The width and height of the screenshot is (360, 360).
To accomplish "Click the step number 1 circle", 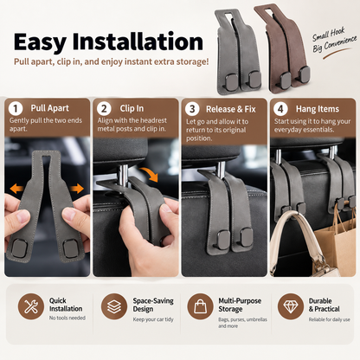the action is (x=16, y=109).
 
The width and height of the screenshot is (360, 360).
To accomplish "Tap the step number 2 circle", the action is (x=104, y=109).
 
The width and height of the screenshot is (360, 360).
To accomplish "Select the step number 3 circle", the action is (x=192, y=109).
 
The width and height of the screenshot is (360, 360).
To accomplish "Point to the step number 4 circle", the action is (x=280, y=109).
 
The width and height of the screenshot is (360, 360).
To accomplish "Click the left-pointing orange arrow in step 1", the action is (x=16, y=189).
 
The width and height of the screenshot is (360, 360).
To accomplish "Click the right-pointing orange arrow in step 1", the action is (x=76, y=189).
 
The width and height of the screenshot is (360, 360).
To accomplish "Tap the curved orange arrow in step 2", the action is (x=150, y=173).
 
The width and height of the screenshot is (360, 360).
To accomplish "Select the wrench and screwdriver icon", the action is (x=31, y=306).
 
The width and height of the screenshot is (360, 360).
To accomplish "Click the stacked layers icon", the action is (x=114, y=306).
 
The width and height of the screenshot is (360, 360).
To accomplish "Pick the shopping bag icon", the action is (x=200, y=306).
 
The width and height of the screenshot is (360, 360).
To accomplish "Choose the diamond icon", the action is (x=291, y=306).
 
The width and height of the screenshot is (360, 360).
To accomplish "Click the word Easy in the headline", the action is (x=40, y=42).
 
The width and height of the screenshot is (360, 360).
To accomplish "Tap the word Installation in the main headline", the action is (x=138, y=42).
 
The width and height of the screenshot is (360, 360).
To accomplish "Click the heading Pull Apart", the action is (x=50, y=108).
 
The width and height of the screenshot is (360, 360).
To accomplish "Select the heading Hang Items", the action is (x=318, y=109).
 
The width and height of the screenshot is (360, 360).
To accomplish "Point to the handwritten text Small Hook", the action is (x=329, y=34).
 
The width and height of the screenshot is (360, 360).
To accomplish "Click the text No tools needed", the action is (x=67, y=318).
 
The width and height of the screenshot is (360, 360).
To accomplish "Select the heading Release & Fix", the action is (x=231, y=109).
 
